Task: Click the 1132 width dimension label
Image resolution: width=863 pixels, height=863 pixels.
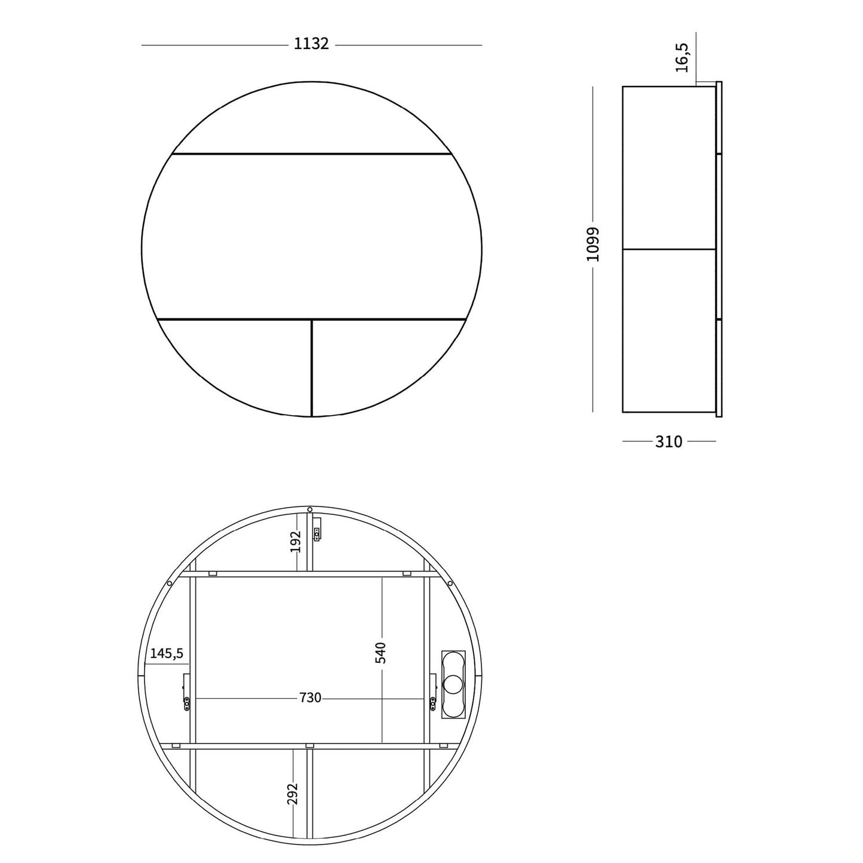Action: [311, 44]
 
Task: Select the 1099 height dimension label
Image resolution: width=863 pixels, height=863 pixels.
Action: [593, 244]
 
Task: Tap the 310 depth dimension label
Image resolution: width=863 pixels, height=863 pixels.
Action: [669, 441]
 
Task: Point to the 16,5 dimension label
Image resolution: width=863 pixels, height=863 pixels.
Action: [682, 58]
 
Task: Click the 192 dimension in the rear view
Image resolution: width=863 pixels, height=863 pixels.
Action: [294, 542]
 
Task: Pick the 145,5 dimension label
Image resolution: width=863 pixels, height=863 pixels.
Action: [167, 653]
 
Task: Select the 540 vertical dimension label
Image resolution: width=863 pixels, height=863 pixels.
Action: [381, 653]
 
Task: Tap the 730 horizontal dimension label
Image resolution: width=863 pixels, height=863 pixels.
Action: [311, 698]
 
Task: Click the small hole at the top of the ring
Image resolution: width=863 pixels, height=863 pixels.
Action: [309, 509]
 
